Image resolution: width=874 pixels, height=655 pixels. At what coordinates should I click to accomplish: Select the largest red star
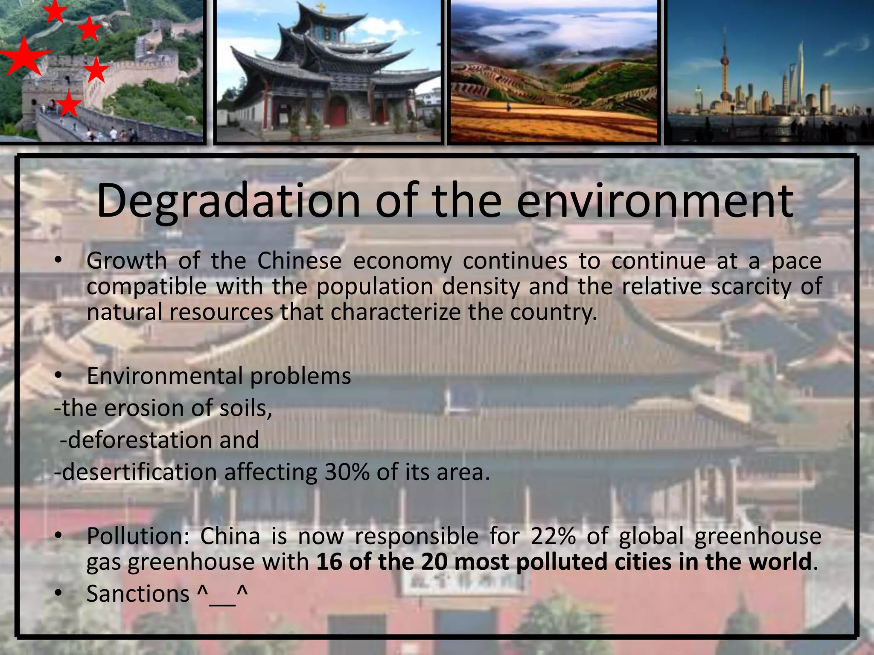[23, 57]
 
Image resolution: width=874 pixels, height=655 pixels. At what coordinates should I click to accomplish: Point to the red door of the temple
[337, 112]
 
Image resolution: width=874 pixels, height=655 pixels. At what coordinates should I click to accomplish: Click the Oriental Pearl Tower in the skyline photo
[724, 68]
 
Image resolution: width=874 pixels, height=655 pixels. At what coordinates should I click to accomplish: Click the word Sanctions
[138, 594]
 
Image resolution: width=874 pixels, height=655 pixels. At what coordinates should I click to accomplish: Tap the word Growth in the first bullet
[126, 261]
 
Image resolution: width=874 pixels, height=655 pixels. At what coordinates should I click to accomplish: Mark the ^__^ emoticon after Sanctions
[222, 594]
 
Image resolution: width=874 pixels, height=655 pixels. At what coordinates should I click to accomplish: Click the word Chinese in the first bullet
[299, 261]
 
